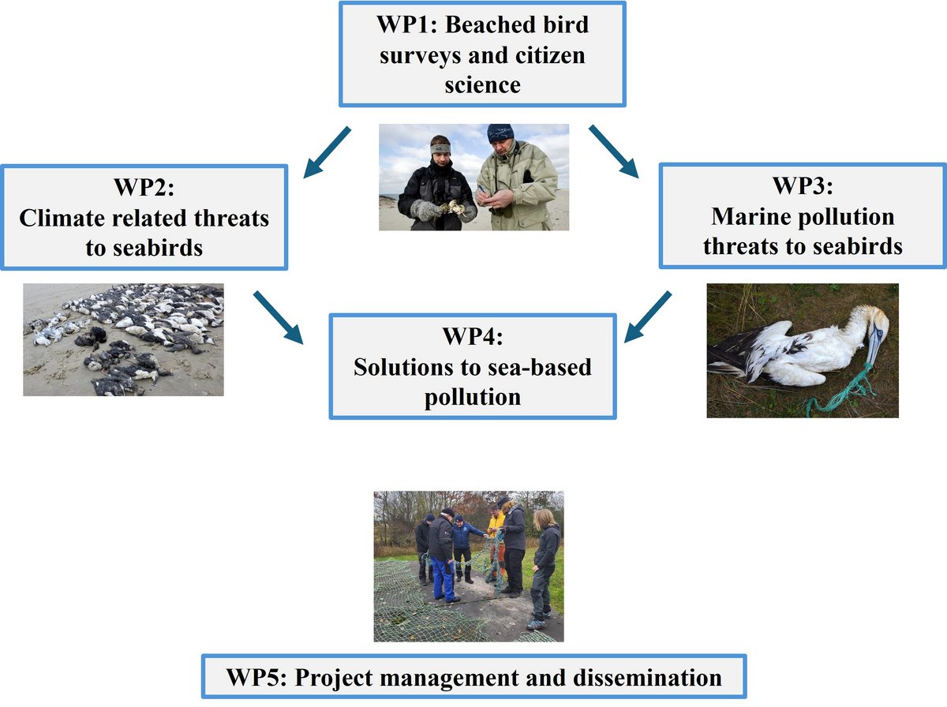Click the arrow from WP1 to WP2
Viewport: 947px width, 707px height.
(327, 149)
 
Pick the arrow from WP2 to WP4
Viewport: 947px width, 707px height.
(279, 318)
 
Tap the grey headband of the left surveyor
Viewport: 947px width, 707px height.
(440, 148)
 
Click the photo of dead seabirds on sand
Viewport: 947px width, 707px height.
(123, 339)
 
